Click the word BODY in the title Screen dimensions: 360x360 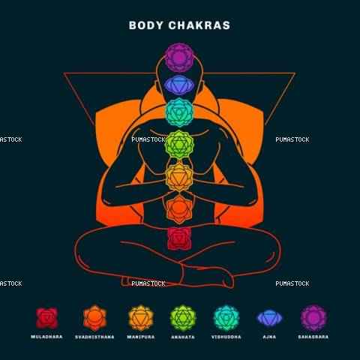click(x=146, y=25)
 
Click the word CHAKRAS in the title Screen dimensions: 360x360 click(x=199, y=25)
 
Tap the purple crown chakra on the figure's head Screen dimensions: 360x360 click(x=179, y=58)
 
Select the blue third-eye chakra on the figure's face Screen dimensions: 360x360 click(x=179, y=85)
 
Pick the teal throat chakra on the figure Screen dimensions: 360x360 click(x=179, y=112)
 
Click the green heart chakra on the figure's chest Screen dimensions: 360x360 click(x=179, y=145)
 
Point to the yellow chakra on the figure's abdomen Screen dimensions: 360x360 click(x=179, y=178)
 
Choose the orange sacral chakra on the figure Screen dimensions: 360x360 click(x=179, y=209)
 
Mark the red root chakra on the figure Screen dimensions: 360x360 click(x=179, y=238)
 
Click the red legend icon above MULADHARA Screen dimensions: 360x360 click(x=46, y=318)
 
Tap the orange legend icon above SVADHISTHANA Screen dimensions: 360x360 click(x=94, y=318)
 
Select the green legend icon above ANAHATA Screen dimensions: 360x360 click(x=183, y=318)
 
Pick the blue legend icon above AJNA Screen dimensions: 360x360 click(x=269, y=318)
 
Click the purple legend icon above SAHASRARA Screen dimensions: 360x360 click(x=313, y=318)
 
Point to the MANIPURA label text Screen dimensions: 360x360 click(x=141, y=337)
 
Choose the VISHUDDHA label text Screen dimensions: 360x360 click(x=226, y=337)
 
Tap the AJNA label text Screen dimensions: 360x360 click(x=269, y=337)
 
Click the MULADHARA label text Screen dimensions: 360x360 click(x=46, y=337)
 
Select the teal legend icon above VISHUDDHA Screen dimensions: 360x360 click(x=226, y=318)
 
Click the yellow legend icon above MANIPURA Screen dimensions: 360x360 click(x=141, y=318)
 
